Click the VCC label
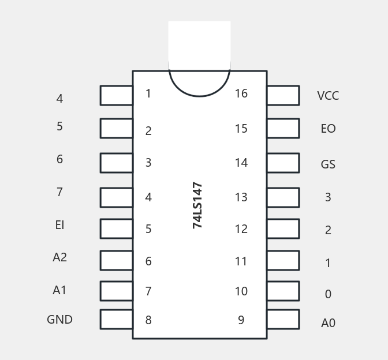pyautogui.click(x=328, y=96)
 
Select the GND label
pyautogui.click(x=59, y=320)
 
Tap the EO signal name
pyautogui.click(x=328, y=129)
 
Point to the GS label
pyautogui.click(x=328, y=164)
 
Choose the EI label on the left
pyautogui.click(x=59, y=225)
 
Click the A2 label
pyautogui.click(x=59, y=257)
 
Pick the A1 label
pyautogui.click(x=59, y=290)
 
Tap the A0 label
pyautogui.click(x=328, y=323)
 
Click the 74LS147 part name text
pyautogui.click(x=197, y=205)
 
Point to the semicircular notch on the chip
pyautogui.click(x=199, y=83)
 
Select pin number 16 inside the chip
pyautogui.click(x=241, y=93)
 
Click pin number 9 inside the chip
pyautogui.click(x=241, y=320)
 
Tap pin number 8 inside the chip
pyautogui.click(x=148, y=320)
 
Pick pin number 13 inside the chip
pyautogui.click(x=241, y=197)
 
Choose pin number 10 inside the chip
pyautogui.click(x=241, y=291)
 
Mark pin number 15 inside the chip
pyautogui.click(x=241, y=129)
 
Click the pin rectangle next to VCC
pyautogui.click(x=283, y=96)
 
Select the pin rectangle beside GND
pyautogui.click(x=116, y=320)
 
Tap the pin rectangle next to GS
pyautogui.click(x=283, y=163)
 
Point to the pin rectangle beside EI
pyautogui.click(x=116, y=229)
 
